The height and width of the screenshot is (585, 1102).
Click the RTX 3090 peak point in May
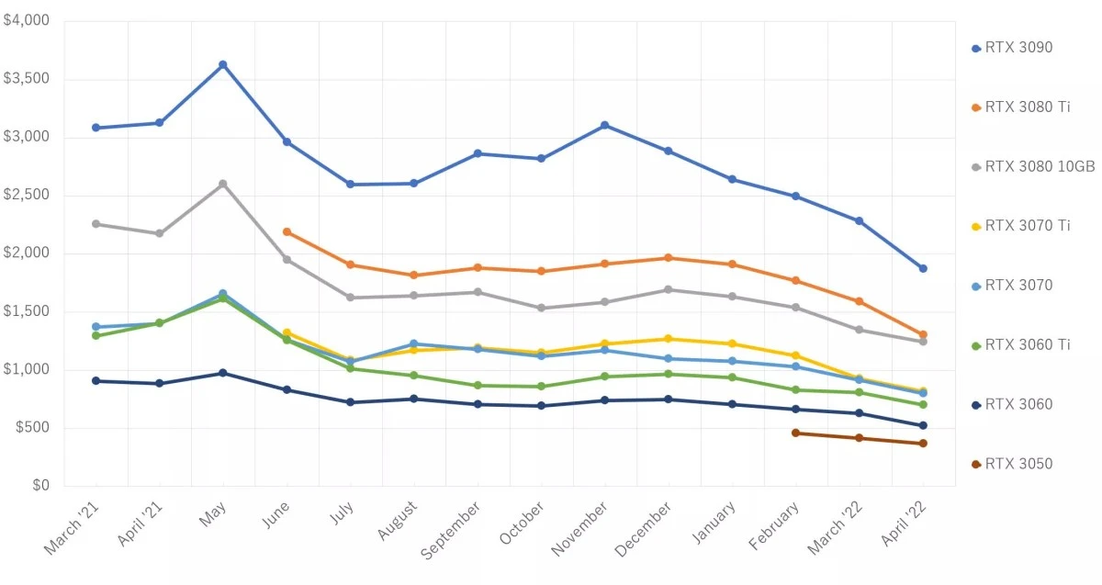click(x=223, y=64)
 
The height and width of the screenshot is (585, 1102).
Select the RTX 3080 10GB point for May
click(x=223, y=184)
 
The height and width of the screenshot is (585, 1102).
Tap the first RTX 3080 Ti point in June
click(x=287, y=231)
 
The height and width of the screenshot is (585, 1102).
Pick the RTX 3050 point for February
click(x=795, y=433)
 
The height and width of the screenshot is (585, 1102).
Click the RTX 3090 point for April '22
click(x=923, y=268)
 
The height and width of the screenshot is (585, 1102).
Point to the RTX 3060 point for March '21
click(x=96, y=380)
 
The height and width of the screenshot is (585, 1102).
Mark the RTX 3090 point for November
click(x=604, y=125)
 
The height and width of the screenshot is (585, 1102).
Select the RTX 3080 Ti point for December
click(x=669, y=258)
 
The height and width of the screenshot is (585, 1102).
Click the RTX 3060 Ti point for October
click(x=541, y=387)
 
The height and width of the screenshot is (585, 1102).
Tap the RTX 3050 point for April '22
click(x=923, y=444)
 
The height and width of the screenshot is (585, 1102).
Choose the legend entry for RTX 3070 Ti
click(x=1027, y=226)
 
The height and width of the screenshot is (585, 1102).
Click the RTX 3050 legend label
click(x=1018, y=464)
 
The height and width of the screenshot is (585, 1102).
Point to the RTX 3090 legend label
click(x=1018, y=48)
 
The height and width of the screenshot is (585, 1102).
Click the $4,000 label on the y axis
click(x=27, y=20)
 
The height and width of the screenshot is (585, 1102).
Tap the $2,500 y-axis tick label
click(x=27, y=195)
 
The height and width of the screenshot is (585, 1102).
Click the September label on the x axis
click(x=450, y=529)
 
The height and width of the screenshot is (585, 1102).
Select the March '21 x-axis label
click(x=71, y=530)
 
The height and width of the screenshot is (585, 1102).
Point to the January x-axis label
click(x=714, y=523)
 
